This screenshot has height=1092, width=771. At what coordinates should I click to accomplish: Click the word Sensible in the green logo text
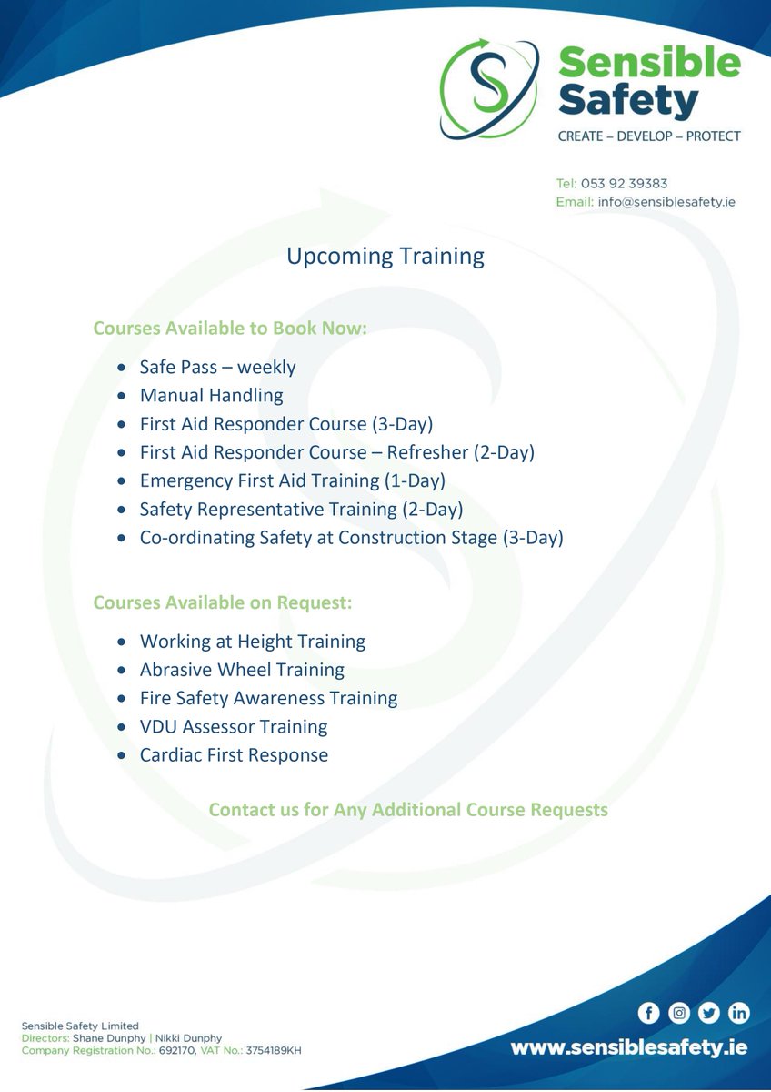(649, 64)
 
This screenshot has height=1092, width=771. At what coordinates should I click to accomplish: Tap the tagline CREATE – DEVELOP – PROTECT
(648, 136)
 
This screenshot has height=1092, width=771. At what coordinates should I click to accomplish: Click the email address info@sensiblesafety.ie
(666, 202)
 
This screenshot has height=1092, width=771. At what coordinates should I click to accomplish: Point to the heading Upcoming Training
(385, 257)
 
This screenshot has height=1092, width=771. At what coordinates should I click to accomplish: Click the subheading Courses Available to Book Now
(230, 328)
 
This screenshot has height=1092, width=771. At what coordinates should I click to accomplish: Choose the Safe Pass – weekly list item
(217, 368)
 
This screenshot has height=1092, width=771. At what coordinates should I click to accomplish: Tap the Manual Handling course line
(211, 396)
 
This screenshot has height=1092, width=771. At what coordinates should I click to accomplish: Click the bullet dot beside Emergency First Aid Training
(122, 481)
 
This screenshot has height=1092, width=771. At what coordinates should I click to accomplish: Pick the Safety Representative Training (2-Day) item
(301, 510)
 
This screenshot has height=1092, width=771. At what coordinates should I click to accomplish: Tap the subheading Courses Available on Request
(223, 602)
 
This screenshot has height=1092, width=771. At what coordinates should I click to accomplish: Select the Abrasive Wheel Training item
(242, 670)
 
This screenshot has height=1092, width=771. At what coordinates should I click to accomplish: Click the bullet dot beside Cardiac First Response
(122, 755)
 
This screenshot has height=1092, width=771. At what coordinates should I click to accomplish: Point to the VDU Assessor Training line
(234, 727)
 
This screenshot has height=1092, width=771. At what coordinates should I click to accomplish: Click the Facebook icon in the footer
(648, 1013)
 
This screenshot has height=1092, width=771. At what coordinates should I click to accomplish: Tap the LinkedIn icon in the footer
(739, 1013)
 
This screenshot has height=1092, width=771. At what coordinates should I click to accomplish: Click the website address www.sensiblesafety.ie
(628, 1048)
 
